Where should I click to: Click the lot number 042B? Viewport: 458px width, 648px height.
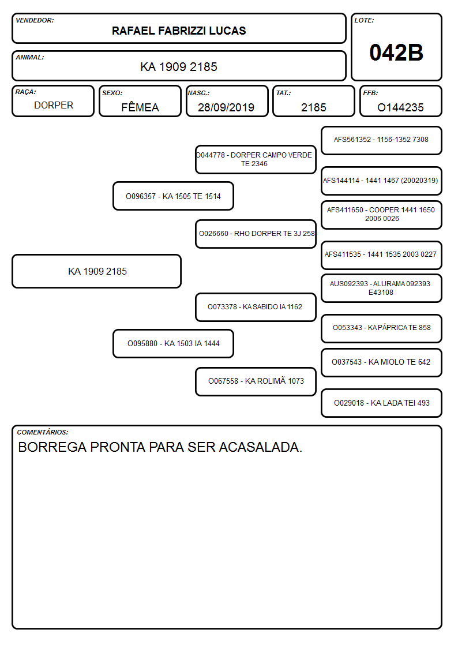[396, 53]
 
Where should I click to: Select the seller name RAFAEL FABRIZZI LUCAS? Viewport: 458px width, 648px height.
[179, 31]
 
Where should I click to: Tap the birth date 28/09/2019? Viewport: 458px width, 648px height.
[226, 107]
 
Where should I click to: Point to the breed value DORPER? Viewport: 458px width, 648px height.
[54, 106]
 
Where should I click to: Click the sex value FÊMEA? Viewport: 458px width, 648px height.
[140, 107]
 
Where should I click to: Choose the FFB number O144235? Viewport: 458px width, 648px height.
[400, 107]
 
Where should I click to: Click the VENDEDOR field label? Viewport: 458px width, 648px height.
[35, 20]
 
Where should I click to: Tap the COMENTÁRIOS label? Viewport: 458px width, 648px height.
[43, 432]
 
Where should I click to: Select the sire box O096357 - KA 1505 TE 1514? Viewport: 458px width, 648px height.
[173, 196]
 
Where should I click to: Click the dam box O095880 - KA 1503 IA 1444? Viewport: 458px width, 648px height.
[173, 343]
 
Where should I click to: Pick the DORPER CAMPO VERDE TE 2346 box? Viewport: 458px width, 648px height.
[256, 159]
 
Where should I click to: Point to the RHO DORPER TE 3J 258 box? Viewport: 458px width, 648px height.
[256, 234]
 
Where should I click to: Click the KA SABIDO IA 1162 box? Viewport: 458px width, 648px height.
[256, 307]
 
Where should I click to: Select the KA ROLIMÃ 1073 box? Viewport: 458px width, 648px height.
[256, 381]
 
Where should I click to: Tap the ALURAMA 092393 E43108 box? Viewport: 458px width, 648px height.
[381, 288]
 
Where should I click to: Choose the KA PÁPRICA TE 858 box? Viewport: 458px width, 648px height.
[381, 328]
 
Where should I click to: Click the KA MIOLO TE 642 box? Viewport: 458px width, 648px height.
[381, 362]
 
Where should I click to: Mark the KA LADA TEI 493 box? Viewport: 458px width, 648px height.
[381, 403]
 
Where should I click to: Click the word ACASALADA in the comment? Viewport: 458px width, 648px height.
[260, 447]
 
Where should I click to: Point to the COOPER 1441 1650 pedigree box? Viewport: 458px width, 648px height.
[381, 215]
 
